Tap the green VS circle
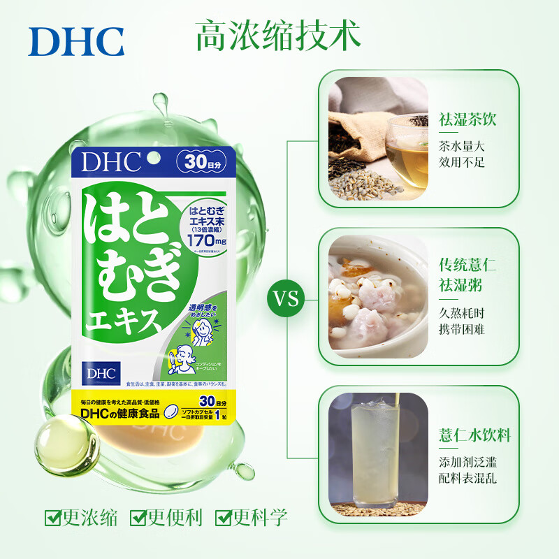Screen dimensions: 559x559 click(286, 300)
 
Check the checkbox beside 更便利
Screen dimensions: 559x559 click(138, 518)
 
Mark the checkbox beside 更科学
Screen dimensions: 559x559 click(224, 518)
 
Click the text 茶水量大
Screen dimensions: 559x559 click(462, 147)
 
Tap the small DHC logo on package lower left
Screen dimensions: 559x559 click(95, 370)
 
